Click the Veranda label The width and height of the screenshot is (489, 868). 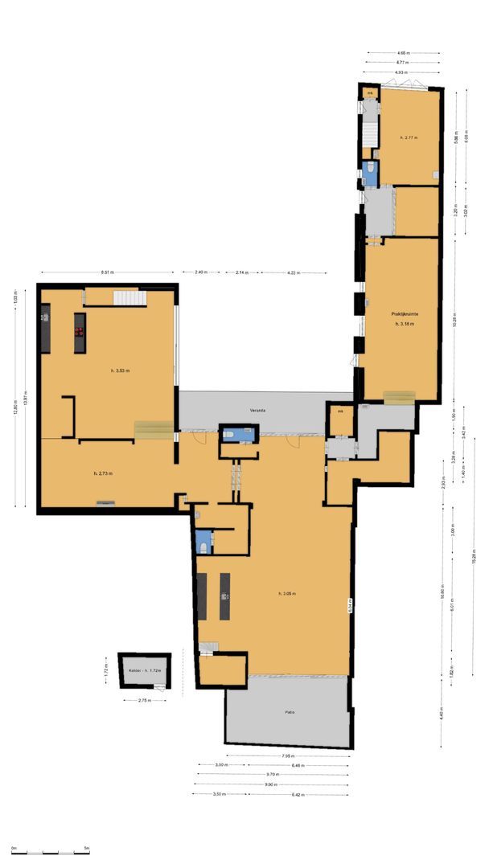coord(257,411)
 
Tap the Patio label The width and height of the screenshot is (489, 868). coord(289,712)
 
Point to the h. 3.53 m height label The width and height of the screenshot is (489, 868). coord(121,371)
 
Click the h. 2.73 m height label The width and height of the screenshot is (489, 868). coord(103,474)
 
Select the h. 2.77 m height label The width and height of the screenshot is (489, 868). coord(409,138)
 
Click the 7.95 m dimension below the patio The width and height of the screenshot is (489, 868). coord(287,756)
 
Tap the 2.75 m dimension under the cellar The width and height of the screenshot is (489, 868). coord(145,700)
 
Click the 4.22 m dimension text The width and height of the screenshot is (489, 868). coord(293,273)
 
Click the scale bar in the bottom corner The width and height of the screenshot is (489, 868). coord(50,849)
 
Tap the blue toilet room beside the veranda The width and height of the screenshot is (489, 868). coord(238,435)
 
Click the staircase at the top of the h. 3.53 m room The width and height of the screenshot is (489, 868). coord(129,298)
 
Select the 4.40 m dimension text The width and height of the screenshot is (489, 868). coord(442,714)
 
